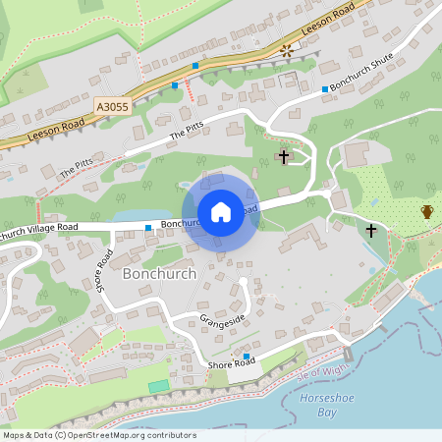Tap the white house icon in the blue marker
[x=221, y=211]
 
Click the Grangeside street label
[x=220, y=319]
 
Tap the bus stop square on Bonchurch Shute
[x=324, y=89]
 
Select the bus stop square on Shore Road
[x=247, y=357]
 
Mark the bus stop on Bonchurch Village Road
[x=148, y=228]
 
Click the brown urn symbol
[x=427, y=211]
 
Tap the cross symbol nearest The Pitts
[x=284, y=156]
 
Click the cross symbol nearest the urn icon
[x=371, y=231]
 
